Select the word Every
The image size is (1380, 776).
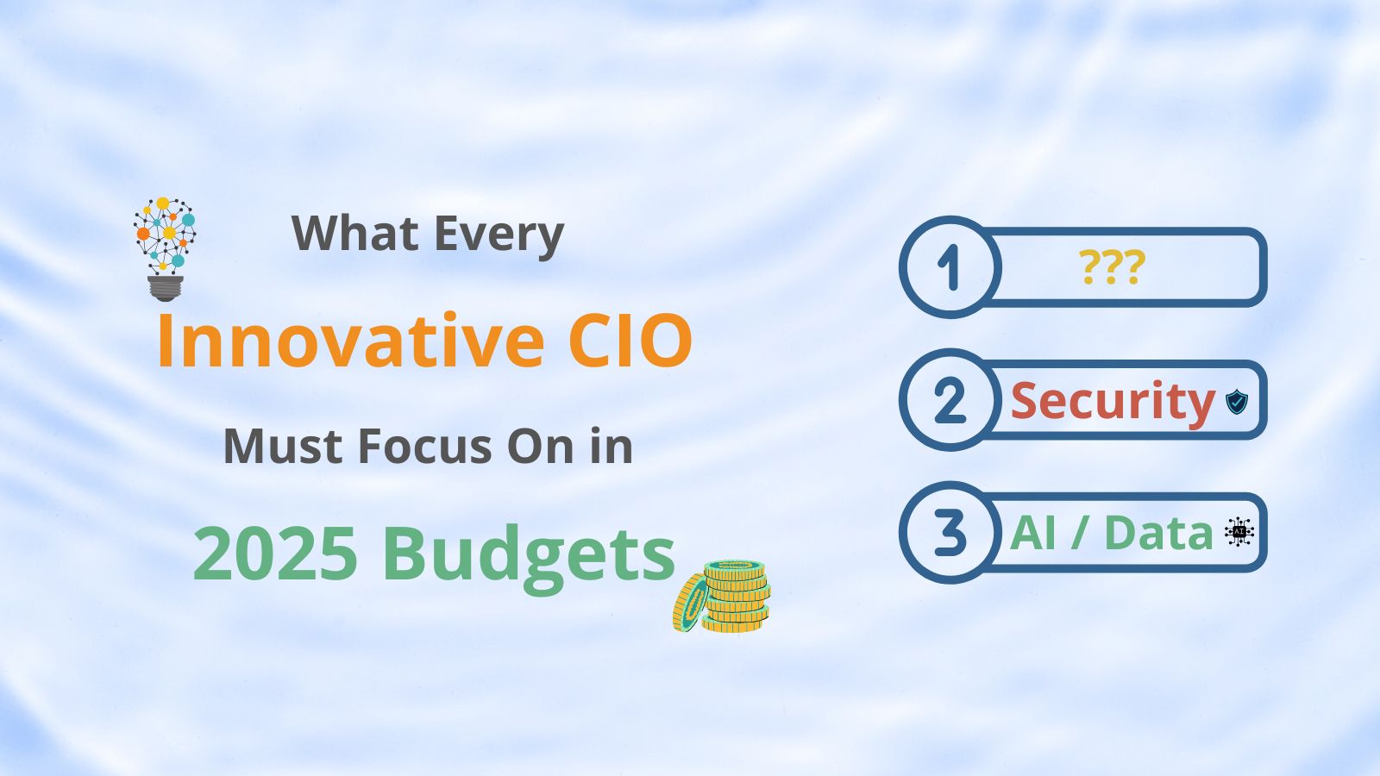click(x=499, y=236)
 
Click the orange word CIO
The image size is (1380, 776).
click(x=630, y=341)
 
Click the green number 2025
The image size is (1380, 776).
click(x=275, y=553)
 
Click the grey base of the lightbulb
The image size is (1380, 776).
click(x=165, y=288)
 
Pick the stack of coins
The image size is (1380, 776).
click(x=722, y=596)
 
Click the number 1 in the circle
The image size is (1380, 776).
click(x=949, y=267)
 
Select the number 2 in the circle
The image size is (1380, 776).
click(x=950, y=400)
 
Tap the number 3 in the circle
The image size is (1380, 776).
click(x=950, y=533)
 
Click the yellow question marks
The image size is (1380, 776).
click(x=1112, y=266)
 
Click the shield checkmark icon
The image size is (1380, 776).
click(x=1237, y=402)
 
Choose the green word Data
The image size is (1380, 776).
click(x=1159, y=533)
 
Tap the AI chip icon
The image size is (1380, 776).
click(x=1239, y=532)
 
